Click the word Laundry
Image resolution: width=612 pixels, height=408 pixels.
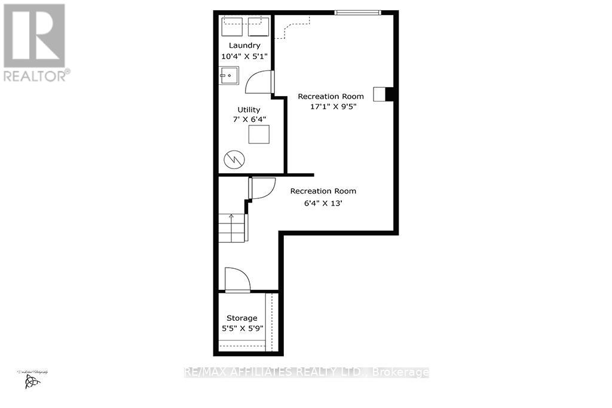[x=245, y=45]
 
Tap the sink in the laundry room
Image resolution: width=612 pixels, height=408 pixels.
[x=228, y=76]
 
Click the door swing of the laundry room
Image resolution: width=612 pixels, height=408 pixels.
[x=259, y=82]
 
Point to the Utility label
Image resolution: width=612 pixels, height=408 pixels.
[x=249, y=109]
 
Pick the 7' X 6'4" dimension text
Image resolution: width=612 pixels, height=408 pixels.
[x=249, y=119]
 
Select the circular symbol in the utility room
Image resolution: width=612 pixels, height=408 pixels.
[x=232, y=159]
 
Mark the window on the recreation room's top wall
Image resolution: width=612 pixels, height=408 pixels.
[x=357, y=12]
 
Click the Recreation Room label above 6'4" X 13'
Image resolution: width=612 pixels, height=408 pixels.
[x=323, y=191]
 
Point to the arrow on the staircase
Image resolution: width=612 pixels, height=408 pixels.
[x=231, y=217]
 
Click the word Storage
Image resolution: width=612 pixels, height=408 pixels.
[x=241, y=318]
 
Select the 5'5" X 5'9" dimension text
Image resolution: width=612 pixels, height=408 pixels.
[x=241, y=329]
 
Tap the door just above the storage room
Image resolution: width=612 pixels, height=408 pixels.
[x=237, y=280]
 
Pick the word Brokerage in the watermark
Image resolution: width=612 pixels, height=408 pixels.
[x=400, y=372]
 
